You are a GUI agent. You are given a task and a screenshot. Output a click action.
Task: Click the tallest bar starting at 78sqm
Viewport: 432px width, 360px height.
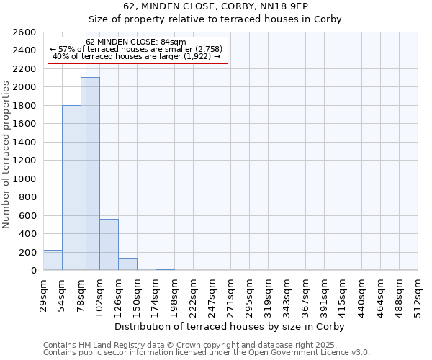tap(90, 174)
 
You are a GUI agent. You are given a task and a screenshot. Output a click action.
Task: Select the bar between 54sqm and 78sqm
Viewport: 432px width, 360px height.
tap(71, 188)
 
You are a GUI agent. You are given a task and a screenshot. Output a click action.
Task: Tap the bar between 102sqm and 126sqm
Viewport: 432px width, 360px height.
tap(109, 245)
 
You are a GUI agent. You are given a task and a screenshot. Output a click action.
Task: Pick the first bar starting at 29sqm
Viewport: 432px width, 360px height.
tap(53, 260)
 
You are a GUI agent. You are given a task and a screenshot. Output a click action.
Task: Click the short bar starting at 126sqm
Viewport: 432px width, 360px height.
tap(127, 264)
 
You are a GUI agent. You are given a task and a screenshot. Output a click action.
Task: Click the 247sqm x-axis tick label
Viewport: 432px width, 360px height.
tap(212, 294)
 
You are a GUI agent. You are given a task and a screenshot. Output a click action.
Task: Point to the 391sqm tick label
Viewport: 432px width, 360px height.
tap(324, 294)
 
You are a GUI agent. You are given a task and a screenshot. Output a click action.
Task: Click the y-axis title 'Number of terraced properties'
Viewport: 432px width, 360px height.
tap(6, 155)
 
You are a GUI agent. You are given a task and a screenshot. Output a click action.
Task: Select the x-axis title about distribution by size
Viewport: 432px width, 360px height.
tap(230, 326)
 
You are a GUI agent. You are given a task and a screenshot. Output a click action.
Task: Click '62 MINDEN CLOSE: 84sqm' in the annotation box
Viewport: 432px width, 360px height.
tap(136, 42)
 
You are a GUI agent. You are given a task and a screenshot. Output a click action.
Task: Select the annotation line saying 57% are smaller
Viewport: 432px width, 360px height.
tap(136, 49)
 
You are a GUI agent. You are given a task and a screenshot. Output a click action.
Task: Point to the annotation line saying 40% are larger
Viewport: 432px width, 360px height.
tap(136, 56)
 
